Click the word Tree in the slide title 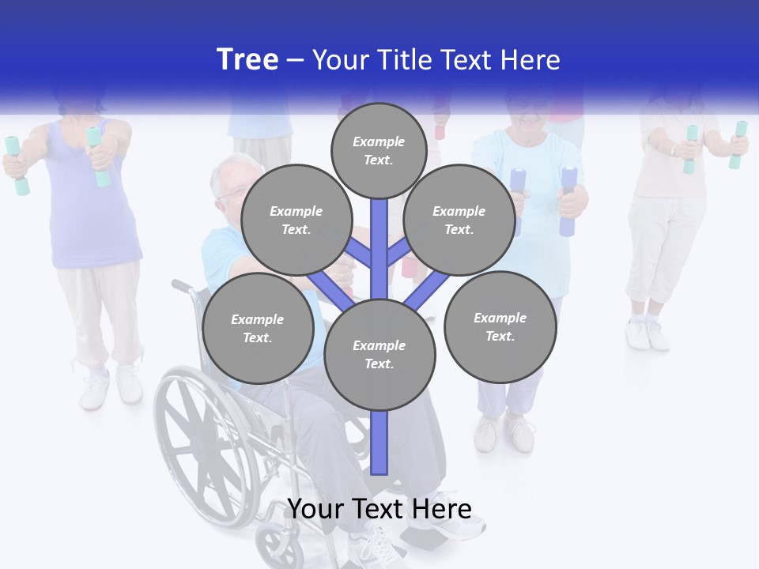[247, 59]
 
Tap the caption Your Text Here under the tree [379, 509]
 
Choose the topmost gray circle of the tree [379, 150]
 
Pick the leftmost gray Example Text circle [258, 328]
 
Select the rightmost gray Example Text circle [500, 326]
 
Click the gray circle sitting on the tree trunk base [379, 354]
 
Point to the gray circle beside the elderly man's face [296, 220]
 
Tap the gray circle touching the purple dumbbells [459, 220]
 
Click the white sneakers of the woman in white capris [648, 333]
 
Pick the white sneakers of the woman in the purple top [111, 386]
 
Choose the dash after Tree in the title [295, 61]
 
